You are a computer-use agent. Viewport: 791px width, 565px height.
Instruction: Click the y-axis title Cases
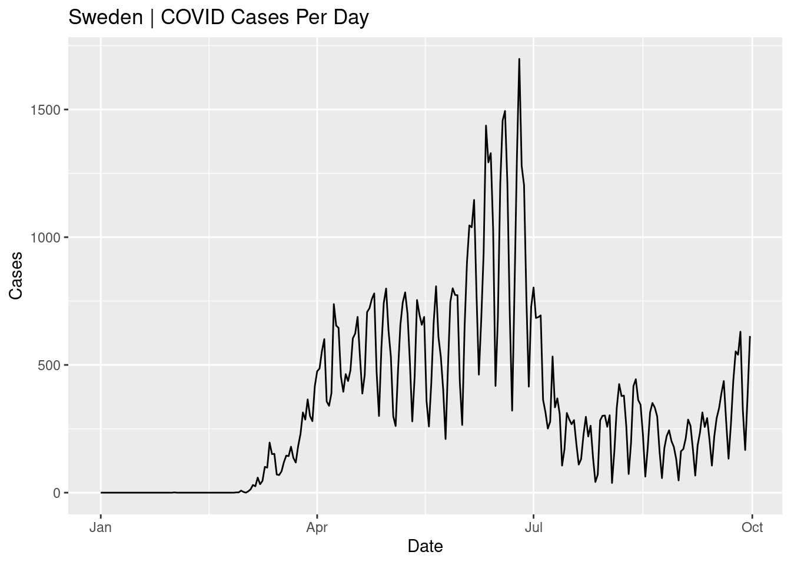16,275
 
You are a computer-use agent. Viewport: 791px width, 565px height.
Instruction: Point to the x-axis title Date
425,546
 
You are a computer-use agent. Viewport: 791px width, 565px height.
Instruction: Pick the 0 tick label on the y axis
57,493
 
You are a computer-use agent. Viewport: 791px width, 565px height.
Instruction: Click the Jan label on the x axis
101,527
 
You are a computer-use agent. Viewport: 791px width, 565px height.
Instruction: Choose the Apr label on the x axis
317,527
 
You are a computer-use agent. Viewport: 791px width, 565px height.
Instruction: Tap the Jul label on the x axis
533,527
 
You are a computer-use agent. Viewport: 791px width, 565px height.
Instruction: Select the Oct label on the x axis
752,527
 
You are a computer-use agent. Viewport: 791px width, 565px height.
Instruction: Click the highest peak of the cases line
519,59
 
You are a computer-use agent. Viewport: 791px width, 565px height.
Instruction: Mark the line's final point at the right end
750,337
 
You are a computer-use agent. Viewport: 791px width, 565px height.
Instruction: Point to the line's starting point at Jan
101,493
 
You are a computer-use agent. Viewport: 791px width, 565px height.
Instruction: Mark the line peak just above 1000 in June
474,200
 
